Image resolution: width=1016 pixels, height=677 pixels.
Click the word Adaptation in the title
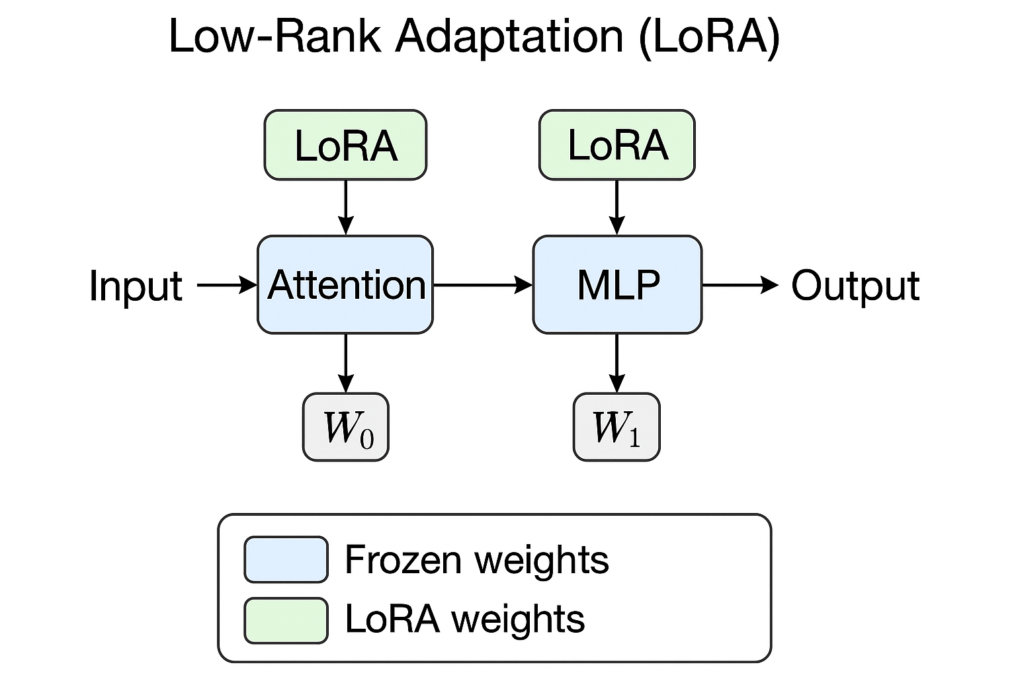(x=509, y=36)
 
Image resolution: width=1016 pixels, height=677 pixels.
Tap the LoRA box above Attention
(x=345, y=145)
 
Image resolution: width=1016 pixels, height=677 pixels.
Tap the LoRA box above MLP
(x=616, y=145)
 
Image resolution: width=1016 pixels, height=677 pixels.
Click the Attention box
(x=345, y=285)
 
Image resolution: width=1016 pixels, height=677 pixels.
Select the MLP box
(x=616, y=285)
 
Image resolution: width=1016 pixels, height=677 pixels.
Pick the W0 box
(x=346, y=427)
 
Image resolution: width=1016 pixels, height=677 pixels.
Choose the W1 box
(x=616, y=427)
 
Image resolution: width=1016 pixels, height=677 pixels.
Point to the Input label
(x=136, y=286)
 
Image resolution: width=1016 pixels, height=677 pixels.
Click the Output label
(x=855, y=286)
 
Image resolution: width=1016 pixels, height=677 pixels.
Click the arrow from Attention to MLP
(x=483, y=285)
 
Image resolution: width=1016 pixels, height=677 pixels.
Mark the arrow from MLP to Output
(x=740, y=285)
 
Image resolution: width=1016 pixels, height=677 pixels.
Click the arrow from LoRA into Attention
(x=345, y=207)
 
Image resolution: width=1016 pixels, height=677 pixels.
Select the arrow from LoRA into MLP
(x=616, y=207)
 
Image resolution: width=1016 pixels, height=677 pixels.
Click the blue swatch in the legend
(x=286, y=559)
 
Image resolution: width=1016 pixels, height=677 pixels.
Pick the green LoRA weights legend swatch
(x=286, y=620)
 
